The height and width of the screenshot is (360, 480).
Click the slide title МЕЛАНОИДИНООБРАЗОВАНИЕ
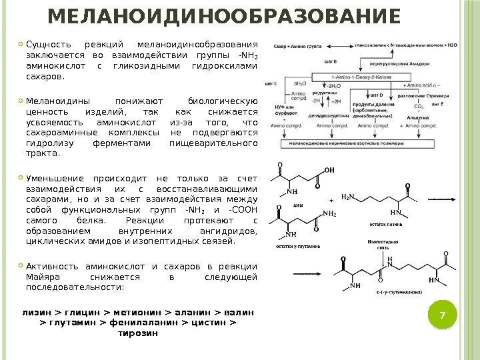click(x=226, y=15)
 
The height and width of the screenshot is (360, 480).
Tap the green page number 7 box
click(x=439, y=315)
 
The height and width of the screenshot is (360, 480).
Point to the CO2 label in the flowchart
click(x=418, y=106)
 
